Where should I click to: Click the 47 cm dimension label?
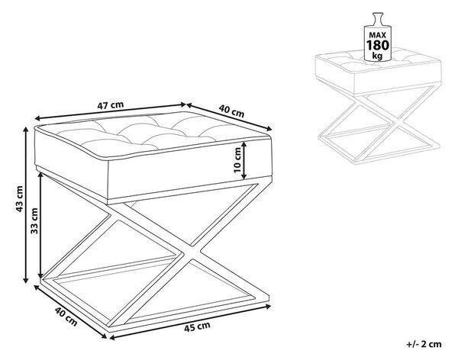(x=111, y=105)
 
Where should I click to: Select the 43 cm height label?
(x=19, y=199)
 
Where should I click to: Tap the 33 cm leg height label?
(x=35, y=220)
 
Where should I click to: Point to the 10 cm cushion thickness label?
(x=237, y=160)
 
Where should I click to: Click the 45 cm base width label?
(x=197, y=326)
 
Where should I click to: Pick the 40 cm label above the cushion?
(x=231, y=111)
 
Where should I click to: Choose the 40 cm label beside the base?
(x=66, y=317)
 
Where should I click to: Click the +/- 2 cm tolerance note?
(x=424, y=344)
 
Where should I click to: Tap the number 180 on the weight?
(x=378, y=45)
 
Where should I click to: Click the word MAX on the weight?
(x=378, y=35)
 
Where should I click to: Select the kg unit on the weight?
(x=377, y=56)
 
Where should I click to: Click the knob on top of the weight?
(x=377, y=16)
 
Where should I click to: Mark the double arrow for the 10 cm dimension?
(x=244, y=160)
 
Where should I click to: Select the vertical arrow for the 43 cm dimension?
(x=26, y=204)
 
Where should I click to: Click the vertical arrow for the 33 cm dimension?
(x=41, y=225)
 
